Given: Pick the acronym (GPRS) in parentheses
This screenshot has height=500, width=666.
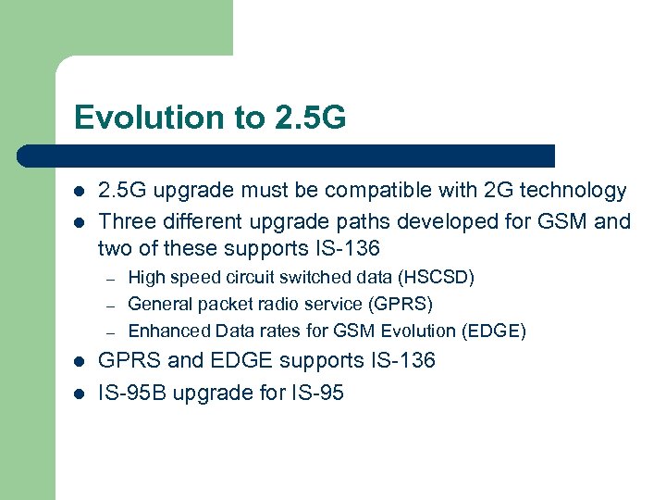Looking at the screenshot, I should [x=399, y=304].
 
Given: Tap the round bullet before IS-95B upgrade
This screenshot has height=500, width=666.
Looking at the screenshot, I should [x=79, y=394].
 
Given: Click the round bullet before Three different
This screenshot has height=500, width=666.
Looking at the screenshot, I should [x=79, y=222].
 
